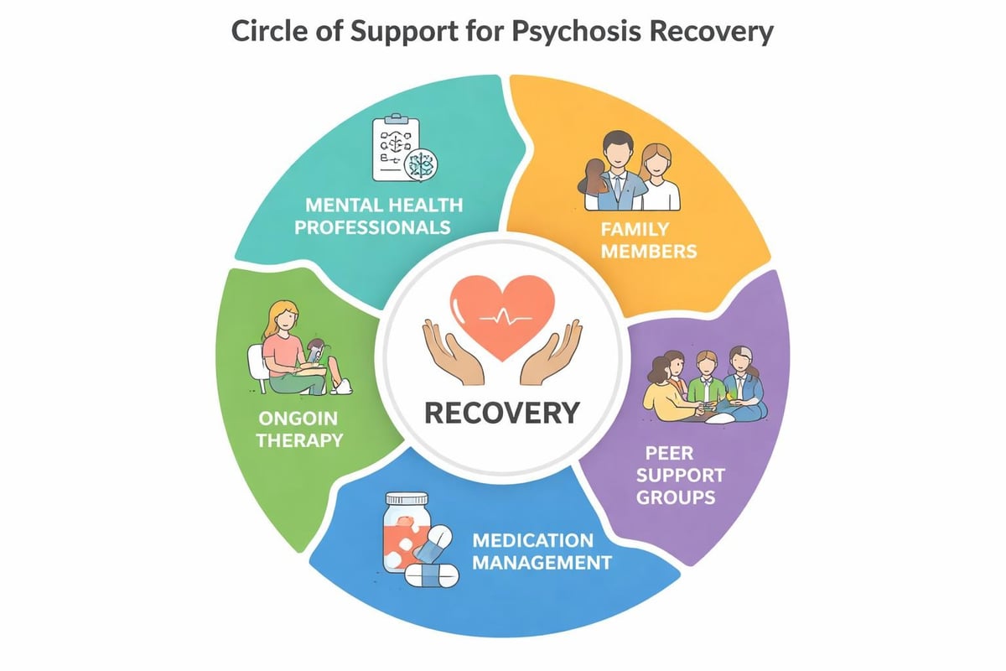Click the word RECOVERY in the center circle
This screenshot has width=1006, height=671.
(502, 412)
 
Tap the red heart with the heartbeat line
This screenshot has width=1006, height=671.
(502, 319)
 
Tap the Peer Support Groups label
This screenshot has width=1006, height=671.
(686, 474)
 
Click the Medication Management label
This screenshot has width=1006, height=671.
(541, 550)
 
